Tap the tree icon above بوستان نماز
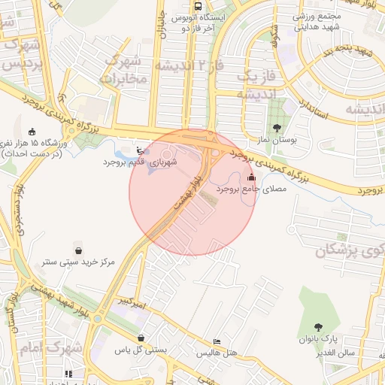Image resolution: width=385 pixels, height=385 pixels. (x=277, y=127)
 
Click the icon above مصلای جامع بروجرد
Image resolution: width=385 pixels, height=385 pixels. (x=251, y=177)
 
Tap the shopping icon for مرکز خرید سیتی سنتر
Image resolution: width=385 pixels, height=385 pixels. (x=78, y=250)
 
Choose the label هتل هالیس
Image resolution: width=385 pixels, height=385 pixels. (x=217, y=353)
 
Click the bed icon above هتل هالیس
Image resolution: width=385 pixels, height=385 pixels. (x=217, y=341)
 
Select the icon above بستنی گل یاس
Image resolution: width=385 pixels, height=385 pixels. (x=141, y=338)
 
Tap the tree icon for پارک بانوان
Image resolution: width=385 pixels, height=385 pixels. (x=319, y=327)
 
